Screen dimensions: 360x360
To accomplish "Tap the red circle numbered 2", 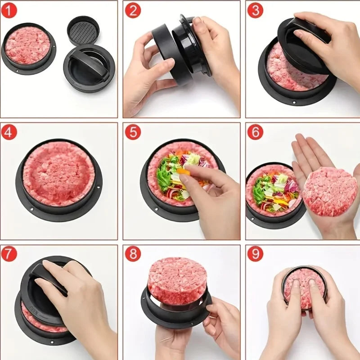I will pos(132,10).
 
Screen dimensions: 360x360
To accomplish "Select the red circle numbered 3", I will pos(255,10).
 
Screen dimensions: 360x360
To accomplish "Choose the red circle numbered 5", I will pos(132,132).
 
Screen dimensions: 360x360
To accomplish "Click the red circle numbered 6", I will pos(255,132).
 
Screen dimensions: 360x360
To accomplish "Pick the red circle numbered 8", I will pos(132,254).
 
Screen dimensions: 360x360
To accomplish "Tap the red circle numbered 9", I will pos(255,254).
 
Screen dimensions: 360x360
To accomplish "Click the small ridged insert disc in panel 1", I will pos(83,31).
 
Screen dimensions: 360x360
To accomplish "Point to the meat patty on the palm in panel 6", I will pos(329,191).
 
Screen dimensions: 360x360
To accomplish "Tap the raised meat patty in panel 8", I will pos(177,280).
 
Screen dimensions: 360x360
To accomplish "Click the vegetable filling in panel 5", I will pos(173,175).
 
